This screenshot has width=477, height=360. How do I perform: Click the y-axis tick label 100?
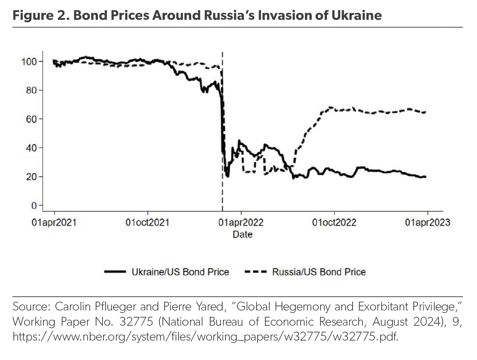tap(29, 62)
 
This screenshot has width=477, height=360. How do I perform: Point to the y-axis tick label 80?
tap(32, 90)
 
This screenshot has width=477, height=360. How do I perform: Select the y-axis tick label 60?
tap(32, 119)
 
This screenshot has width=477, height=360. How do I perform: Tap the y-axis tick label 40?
tap(32, 148)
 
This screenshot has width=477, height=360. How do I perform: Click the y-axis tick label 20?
tap(32, 176)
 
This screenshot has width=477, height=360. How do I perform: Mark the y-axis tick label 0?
tap(34, 205)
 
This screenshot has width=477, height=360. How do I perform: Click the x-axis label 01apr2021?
tap(54, 222)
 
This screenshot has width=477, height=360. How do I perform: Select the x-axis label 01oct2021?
tap(147, 222)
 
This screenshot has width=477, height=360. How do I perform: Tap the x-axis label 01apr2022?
tap(241, 222)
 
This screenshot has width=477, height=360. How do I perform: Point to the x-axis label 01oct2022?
tap(334, 222)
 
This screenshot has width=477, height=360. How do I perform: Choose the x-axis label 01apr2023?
tap(428, 222)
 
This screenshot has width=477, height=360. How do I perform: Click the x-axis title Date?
tap(242, 234)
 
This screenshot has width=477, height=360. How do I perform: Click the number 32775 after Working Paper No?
tap(136, 321)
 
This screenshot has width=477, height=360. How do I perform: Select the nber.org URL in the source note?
tap(205, 336)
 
